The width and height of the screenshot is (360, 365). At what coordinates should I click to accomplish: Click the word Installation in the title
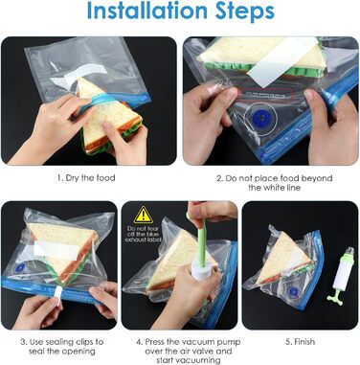[x=148, y=10]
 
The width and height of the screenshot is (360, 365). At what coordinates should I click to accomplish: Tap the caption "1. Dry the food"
[x=86, y=177]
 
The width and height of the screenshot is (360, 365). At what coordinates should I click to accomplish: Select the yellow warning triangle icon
[x=144, y=215]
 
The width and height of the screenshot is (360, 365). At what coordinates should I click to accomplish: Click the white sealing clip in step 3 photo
[x=58, y=295]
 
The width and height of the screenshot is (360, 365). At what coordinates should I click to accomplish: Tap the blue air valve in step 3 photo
[x=20, y=267]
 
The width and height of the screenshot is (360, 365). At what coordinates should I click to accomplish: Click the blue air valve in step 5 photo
[x=292, y=292]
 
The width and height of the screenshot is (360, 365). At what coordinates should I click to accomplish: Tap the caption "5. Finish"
[x=300, y=342]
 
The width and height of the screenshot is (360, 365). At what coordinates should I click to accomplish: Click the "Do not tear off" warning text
[x=144, y=234]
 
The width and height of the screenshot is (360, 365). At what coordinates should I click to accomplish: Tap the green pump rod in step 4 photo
[x=201, y=241]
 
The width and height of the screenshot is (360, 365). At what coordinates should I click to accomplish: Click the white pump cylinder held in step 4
[x=201, y=272]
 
